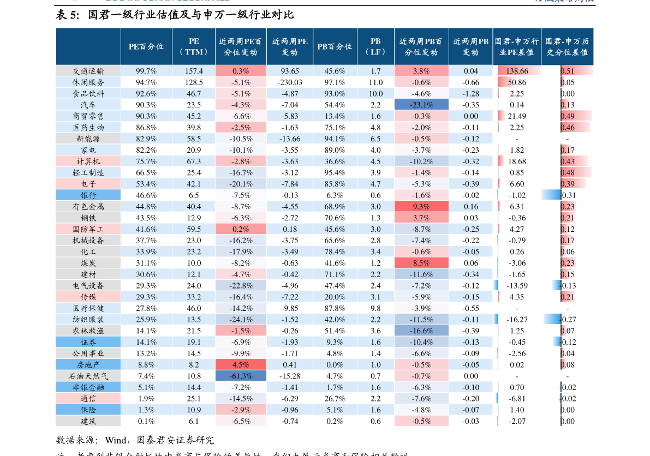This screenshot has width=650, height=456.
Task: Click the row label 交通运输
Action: (88, 71)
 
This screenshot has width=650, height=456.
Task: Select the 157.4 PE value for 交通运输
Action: (194, 71)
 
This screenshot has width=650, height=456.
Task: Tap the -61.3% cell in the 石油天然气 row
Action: (241, 376)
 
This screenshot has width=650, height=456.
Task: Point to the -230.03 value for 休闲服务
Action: (290, 82)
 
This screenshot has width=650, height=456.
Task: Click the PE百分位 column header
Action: (146, 46)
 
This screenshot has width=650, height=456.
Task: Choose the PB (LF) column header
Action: (375, 46)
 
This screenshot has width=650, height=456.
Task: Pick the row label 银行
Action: (88, 195)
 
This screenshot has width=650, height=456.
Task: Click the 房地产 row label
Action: (88, 365)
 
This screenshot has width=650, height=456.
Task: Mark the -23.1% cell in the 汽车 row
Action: (421, 105)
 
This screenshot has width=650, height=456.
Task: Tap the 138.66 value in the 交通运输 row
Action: (517, 71)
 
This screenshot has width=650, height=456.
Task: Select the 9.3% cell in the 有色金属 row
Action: (421, 207)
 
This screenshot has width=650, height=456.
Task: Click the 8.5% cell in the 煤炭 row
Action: (421, 263)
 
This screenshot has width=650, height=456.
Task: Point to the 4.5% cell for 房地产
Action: (241, 365)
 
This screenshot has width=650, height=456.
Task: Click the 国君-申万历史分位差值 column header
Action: (567, 46)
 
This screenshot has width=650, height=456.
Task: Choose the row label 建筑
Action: (88, 421)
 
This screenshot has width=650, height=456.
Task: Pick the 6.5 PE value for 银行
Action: (194, 195)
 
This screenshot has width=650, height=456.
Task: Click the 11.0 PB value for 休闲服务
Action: (375, 82)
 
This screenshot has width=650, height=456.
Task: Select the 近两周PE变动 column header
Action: (290, 46)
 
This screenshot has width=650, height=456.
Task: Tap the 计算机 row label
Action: (88, 161)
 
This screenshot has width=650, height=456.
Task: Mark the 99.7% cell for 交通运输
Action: (146, 71)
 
